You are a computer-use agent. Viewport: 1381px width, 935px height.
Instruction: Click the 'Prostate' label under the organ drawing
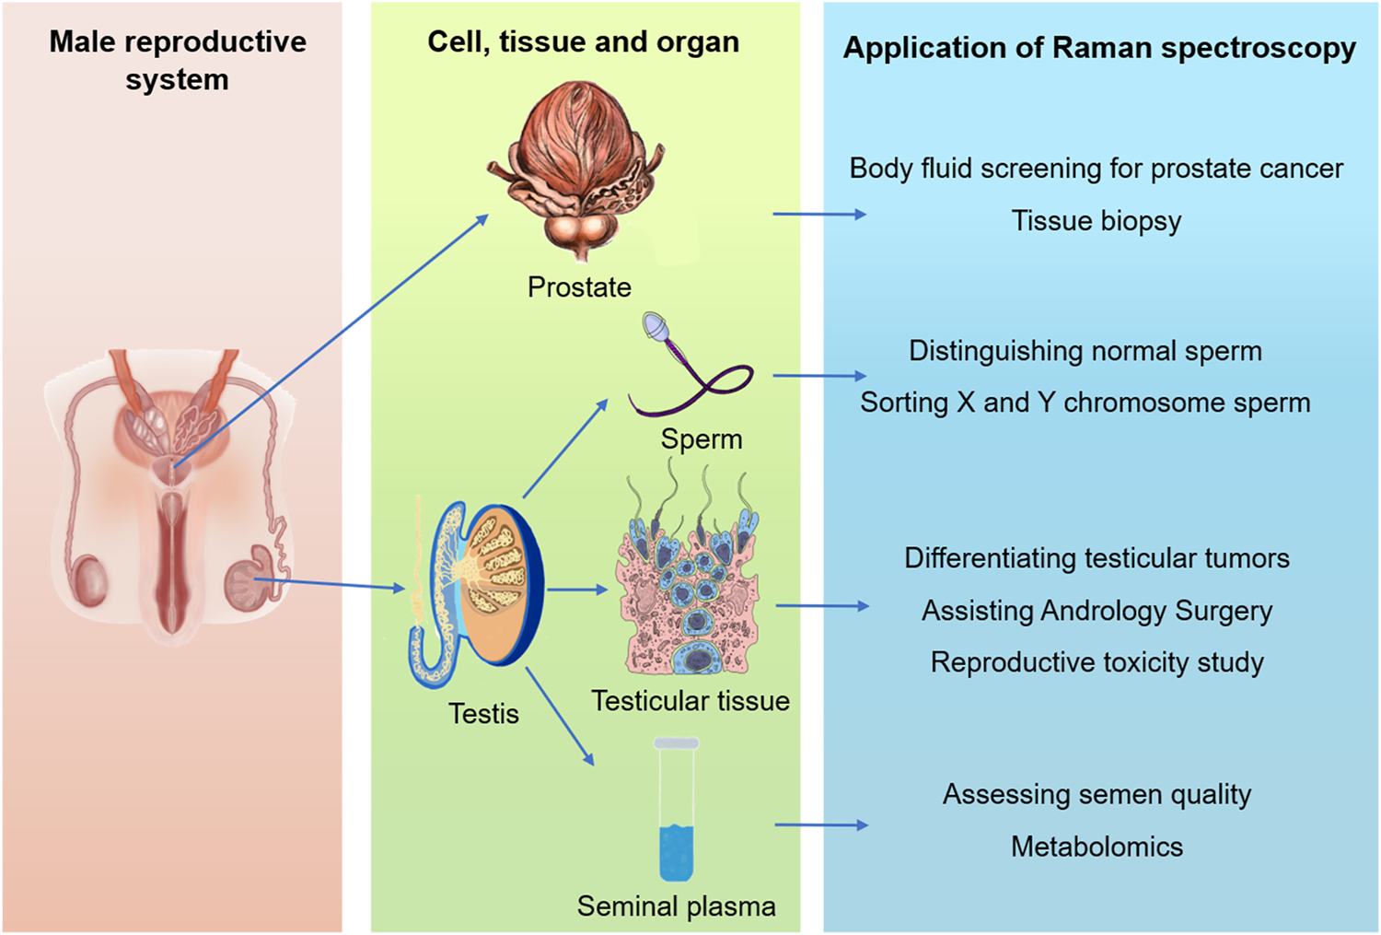(579, 287)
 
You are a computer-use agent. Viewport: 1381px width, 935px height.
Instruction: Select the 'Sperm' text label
(701, 439)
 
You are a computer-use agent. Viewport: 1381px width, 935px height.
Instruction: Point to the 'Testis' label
(483, 714)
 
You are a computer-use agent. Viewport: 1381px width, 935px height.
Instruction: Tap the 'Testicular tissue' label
(690, 701)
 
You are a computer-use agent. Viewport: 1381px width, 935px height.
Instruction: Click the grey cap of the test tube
(676, 743)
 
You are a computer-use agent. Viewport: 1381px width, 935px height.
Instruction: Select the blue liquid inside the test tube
(676, 852)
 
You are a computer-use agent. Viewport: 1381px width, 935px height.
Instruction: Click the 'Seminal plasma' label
(676, 906)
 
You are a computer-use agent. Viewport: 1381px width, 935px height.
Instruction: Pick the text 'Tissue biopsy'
(1096, 221)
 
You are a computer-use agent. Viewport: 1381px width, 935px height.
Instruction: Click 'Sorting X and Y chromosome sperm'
(1085, 403)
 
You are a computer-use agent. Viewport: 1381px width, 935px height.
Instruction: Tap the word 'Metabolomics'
(1097, 847)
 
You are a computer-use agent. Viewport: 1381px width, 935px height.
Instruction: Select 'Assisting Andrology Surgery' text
(1097, 611)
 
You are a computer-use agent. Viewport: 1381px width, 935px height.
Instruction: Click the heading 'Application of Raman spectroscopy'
(1099, 48)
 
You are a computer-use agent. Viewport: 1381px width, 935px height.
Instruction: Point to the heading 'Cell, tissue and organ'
(583, 42)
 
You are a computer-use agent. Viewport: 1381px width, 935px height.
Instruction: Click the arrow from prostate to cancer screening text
(818, 214)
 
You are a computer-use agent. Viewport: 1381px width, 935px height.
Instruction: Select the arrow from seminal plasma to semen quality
(820, 824)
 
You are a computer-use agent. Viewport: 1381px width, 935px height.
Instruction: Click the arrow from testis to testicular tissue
(577, 590)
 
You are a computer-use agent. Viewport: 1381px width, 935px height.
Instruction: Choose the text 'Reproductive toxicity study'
(1097, 662)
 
